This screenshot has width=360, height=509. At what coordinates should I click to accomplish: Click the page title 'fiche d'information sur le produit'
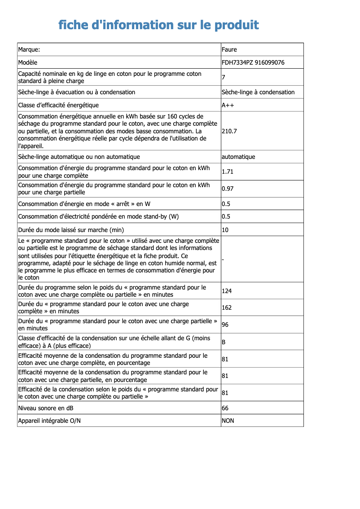point(158,25)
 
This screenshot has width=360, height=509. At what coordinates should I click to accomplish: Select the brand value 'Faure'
point(229,49)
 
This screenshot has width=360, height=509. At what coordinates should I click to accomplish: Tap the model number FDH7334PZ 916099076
point(253,62)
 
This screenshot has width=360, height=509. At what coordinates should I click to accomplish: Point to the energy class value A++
point(228,105)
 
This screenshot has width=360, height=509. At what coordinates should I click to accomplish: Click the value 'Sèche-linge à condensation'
point(258,92)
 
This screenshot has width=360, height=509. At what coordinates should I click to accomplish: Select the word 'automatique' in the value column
point(238,157)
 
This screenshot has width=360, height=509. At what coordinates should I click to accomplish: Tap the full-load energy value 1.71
point(228,171)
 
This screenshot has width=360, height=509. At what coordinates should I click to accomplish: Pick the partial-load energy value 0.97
point(228,189)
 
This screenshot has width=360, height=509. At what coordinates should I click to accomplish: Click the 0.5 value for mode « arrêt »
point(226,204)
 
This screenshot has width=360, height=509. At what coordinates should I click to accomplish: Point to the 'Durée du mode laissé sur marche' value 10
point(225,230)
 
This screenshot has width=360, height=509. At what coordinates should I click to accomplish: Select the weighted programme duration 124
point(227,291)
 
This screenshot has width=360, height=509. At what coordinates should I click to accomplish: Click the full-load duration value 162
point(227,307)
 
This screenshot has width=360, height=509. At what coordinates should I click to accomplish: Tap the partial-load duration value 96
point(225,325)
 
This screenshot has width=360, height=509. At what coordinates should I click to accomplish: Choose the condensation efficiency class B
point(224,342)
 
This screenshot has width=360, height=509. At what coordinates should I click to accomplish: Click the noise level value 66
point(225,408)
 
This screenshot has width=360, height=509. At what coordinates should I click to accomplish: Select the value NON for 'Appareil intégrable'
point(228,421)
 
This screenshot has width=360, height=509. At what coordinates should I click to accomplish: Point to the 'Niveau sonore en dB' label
point(46,408)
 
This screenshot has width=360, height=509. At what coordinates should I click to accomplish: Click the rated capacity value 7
point(224,77)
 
